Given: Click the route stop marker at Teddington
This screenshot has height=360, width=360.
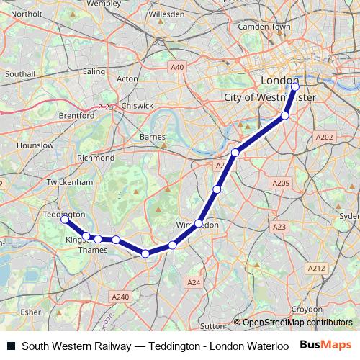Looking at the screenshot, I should (x=65, y=218).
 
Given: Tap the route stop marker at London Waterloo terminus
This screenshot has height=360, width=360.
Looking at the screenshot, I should (x=295, y=86).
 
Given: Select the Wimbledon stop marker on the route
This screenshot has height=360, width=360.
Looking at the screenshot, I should (x=198, y=223).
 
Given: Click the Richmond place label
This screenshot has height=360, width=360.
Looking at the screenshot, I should (x=95, y=157).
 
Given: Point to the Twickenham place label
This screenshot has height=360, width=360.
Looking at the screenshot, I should (x=71, y=183).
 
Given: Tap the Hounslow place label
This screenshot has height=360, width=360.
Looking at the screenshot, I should (x=36, y=145).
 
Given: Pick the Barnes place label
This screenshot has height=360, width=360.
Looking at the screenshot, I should (x=152, y=136).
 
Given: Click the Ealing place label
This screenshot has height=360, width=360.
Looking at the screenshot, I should (x=94, y=71).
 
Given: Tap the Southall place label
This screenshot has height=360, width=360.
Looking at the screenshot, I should (x=19, y=73).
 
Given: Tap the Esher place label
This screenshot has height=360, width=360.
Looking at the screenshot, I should (x=30, y=312).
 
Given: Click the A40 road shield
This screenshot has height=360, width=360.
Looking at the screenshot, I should (x=178, y=67).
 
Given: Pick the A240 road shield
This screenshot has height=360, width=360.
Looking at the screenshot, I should (x=121, y=297).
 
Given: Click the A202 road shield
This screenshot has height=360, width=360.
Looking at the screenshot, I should (x=325, y=136).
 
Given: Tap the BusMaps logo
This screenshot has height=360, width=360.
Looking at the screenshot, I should (x=326, y=345).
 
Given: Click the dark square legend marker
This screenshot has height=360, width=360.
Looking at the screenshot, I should (x=11, y=346).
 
